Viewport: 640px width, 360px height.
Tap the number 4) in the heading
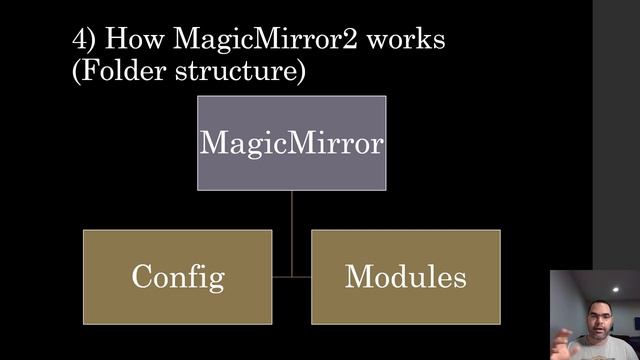tap(84, 41)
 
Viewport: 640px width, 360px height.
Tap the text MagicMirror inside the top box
tap(291, 142)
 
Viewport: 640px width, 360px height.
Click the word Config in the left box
tap(177, 277)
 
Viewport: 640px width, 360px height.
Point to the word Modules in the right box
tap(405, 276)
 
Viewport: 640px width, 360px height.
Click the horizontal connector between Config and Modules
tap(291, 275)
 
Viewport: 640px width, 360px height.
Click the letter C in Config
tap(141, 277)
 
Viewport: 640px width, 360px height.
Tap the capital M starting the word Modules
tap(357, 276)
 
